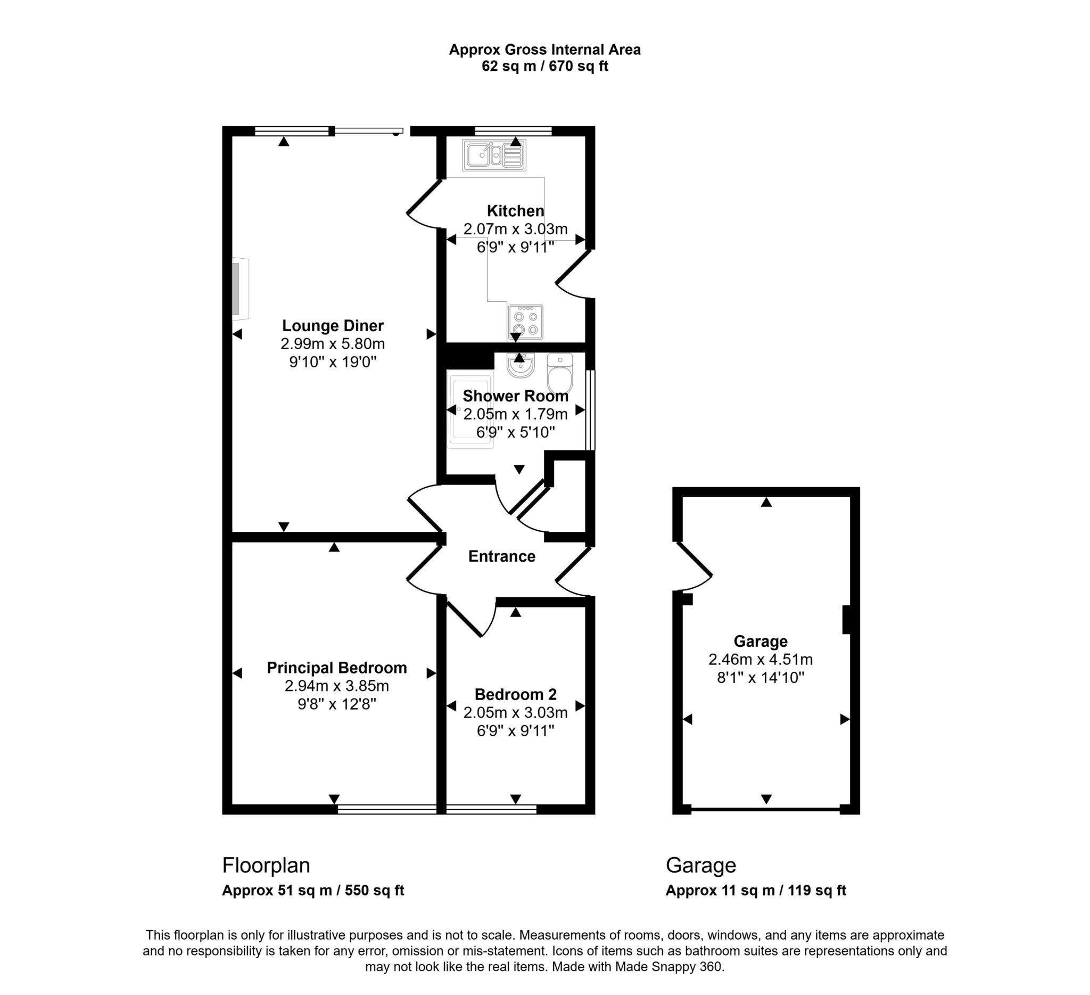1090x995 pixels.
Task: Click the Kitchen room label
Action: (515, 210)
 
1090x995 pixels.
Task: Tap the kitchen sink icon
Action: (493, 155)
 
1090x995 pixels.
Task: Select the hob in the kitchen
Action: (525, 322)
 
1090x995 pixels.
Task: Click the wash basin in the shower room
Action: (521, 366)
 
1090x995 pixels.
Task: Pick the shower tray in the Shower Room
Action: (469, 409)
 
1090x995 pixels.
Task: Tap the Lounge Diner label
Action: (333, 325)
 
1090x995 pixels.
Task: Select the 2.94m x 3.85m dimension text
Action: (336, 686)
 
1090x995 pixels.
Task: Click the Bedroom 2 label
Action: (515, 694)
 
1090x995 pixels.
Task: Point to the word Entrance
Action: (501, 556)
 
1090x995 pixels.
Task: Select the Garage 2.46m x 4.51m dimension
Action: (760, 659)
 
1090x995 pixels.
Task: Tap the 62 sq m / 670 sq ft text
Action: (544, 66)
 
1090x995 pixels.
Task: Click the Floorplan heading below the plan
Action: (266, 865)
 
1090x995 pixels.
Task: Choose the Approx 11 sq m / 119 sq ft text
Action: (755, 891)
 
